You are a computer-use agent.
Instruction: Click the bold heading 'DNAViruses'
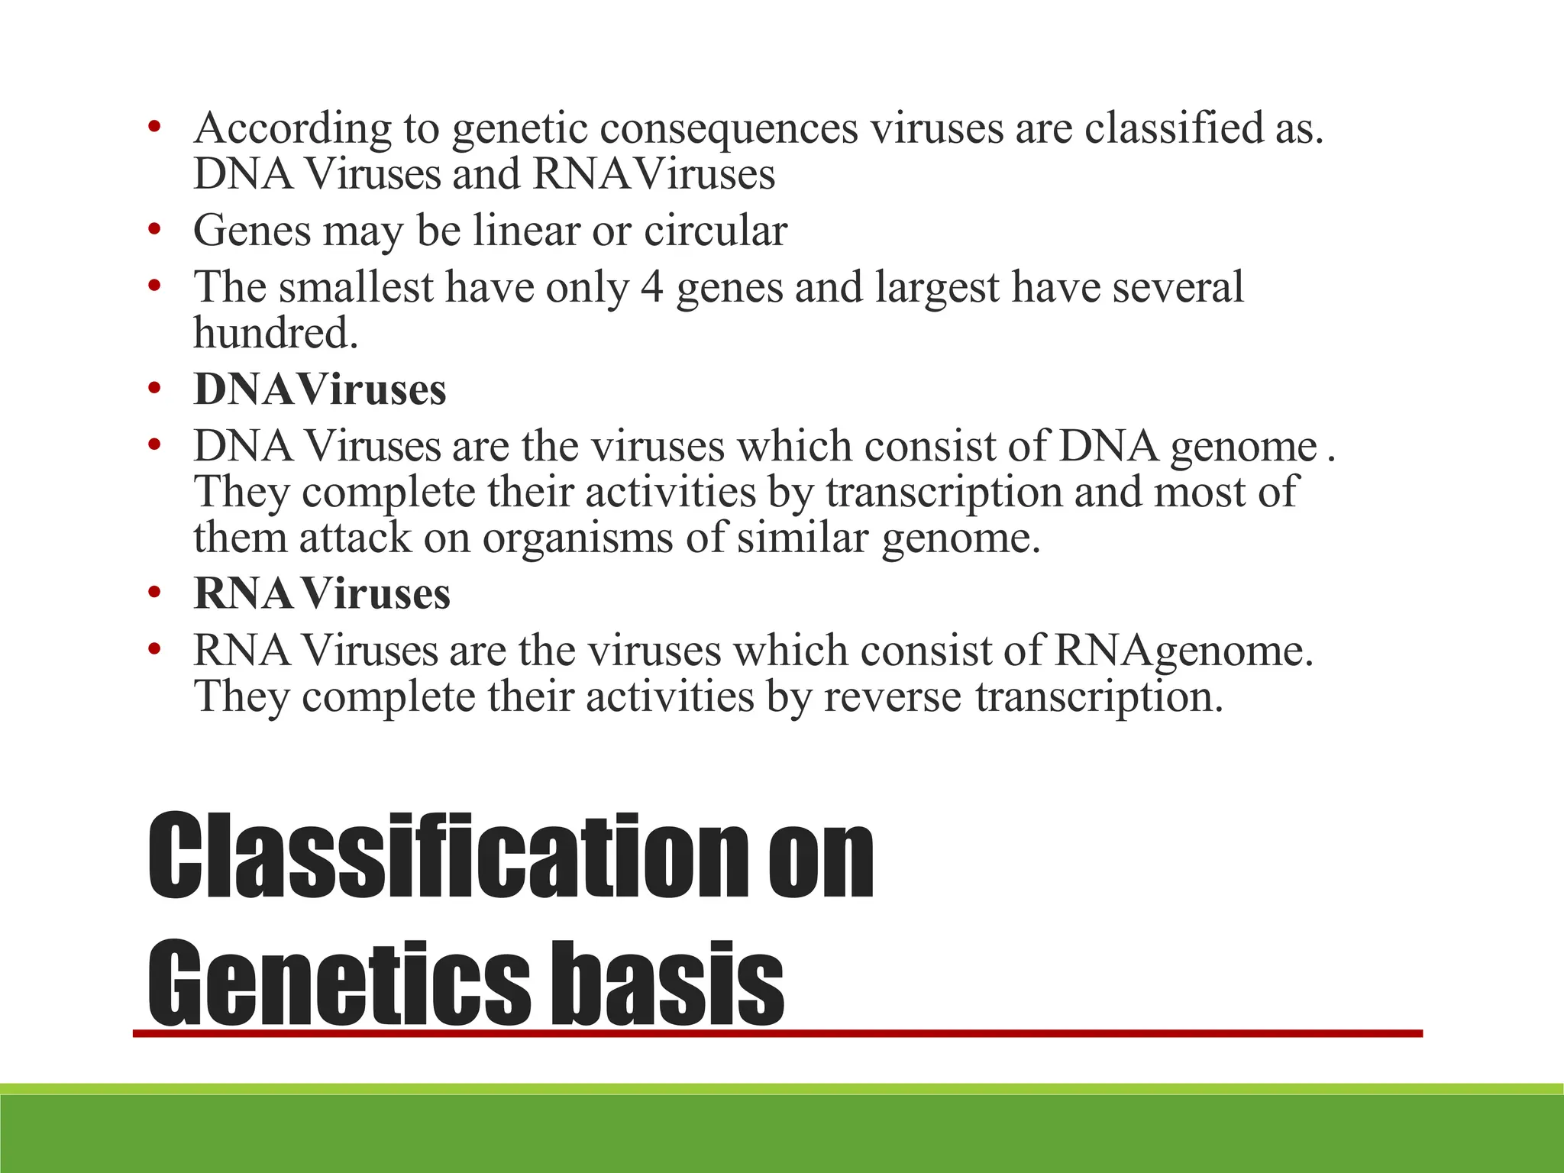click(319, 389)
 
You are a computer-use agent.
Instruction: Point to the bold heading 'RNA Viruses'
click(322, 593)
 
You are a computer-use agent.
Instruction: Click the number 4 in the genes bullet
click(651, 288)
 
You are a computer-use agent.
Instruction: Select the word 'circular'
click(715, 231)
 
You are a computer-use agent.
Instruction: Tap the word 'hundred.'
click(276, 334)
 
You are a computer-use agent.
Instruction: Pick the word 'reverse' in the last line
click(892, 697)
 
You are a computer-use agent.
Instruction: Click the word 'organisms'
click(577, 538)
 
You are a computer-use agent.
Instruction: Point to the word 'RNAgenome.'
click(1184, 651)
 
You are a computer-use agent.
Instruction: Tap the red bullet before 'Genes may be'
click(155, 228)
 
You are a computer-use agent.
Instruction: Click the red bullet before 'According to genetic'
click(155, 126)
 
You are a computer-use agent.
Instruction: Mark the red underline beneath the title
click(777, 1033)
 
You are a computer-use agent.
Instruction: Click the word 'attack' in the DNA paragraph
click(354, 538)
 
